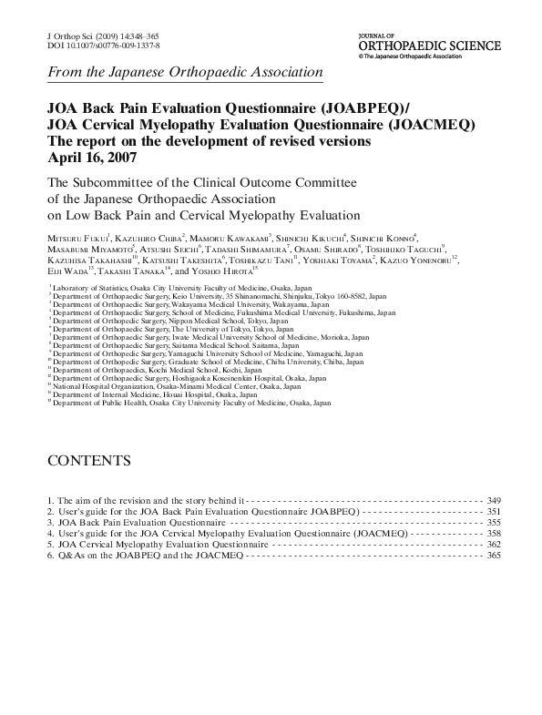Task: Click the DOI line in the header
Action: coord(103,45)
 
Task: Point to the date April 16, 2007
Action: coord(89,157)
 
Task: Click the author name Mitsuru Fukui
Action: coord(77,237)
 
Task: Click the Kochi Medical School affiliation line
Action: coord(150,370)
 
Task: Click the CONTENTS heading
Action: coord(89,460)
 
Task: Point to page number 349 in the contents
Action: coord(494,501)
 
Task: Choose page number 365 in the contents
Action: coord(494,555)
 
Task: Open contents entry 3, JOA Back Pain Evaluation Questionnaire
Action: coord(137,523)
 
